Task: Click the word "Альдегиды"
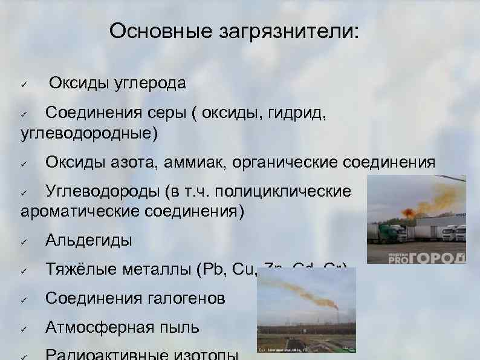pyautogui.click(x=88, y=240)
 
